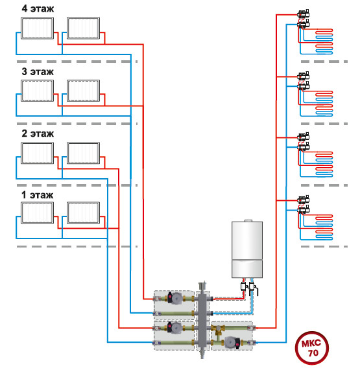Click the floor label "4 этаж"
pos(38,8)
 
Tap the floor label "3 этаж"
pos(38,72)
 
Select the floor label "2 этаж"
pos(38,133)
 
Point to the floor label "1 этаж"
pos(38,195)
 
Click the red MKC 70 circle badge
pos(312,348)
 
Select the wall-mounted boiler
pos(247,249)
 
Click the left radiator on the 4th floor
pos(38,28)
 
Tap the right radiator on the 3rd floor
pos(83,91)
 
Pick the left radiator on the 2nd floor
pos(38,153)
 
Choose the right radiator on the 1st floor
pos(83,213)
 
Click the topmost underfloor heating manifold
pos(304,19)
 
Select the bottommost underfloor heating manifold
pos(304,205)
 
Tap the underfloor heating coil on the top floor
pos(324,41)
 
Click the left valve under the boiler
pos(244,286)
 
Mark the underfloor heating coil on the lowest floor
pos(324,227)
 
